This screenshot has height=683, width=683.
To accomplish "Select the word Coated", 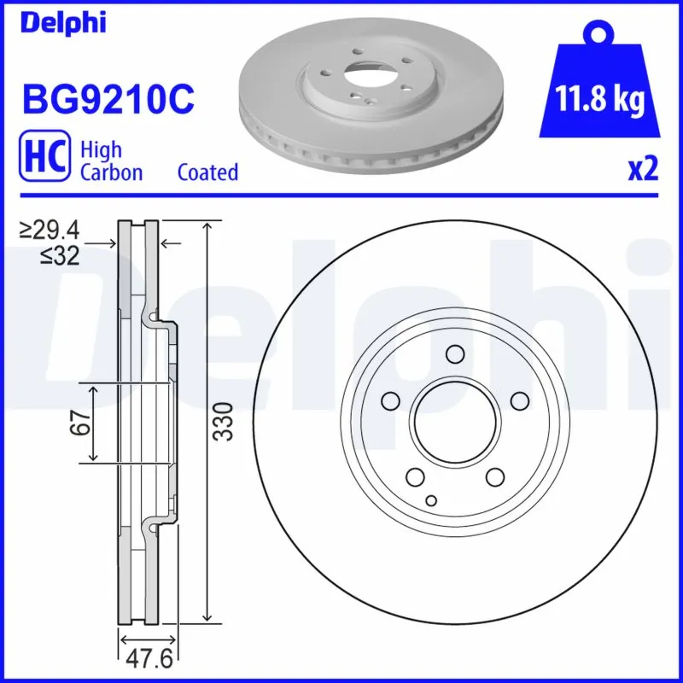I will pos(207,172).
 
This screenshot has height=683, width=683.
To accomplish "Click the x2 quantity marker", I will pos(643,170).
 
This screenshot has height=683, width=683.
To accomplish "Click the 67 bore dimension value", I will pos(81,423).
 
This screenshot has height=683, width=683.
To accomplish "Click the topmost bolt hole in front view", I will pos(455,354).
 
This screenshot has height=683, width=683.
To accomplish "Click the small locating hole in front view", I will pos(430,499).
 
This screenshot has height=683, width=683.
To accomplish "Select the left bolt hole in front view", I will pos(391,400).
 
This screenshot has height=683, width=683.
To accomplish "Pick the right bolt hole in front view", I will pos(518,400).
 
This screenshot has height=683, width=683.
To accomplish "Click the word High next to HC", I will pos(101,150).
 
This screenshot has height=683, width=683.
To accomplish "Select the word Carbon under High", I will pos(111,172).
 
